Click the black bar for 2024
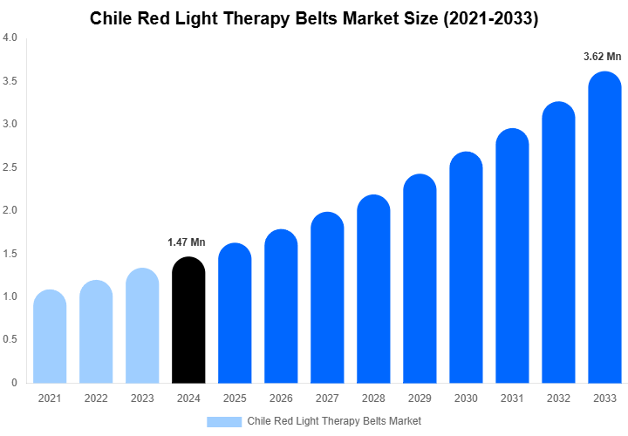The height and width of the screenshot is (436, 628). point(188,320)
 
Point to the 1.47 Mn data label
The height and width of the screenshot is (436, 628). point(187,242)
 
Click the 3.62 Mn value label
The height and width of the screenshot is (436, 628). point(602,57)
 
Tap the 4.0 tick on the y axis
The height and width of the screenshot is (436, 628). point(10,38)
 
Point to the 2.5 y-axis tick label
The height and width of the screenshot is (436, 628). point(10,167)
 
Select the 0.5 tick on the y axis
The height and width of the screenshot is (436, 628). point(10,339)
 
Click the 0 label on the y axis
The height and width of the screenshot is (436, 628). point(14,383)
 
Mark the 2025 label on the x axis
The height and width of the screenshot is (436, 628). point(235,399)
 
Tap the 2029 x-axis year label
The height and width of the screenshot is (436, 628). point(420,399)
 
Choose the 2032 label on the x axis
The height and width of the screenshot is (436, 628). point(558,399)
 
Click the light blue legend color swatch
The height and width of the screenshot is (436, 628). point(224,421)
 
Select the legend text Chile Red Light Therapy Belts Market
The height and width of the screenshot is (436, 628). point(334,421)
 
